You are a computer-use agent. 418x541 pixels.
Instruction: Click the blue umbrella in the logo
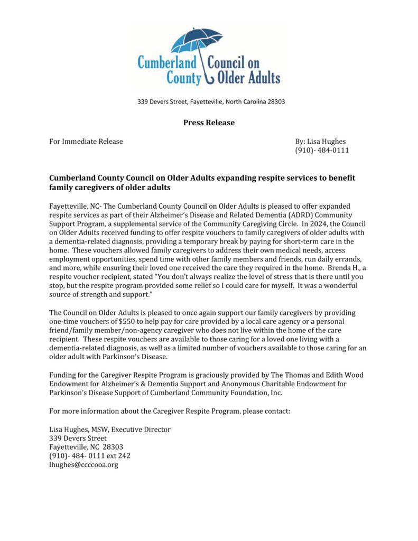pyautogui.click(x=197, y=41)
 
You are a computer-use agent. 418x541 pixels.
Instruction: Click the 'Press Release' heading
pyautogui.click(x=209, y=123)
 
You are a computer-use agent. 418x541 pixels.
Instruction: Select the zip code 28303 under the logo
pyautogui.click(x=275, y=101)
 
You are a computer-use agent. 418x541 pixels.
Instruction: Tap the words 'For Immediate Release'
pyautogui.click(x=86, y=141)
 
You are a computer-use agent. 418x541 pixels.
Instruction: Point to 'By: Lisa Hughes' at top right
pyautogui.click(x=320, y=141)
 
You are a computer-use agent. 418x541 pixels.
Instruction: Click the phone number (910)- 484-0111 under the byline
pyautogui.click(x=321, y=151)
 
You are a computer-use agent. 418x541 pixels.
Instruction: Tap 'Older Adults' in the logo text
pyautogui.click(x=248, y=78)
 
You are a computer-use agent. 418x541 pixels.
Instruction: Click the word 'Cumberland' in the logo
pyautogui.click(x=167, y=62)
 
